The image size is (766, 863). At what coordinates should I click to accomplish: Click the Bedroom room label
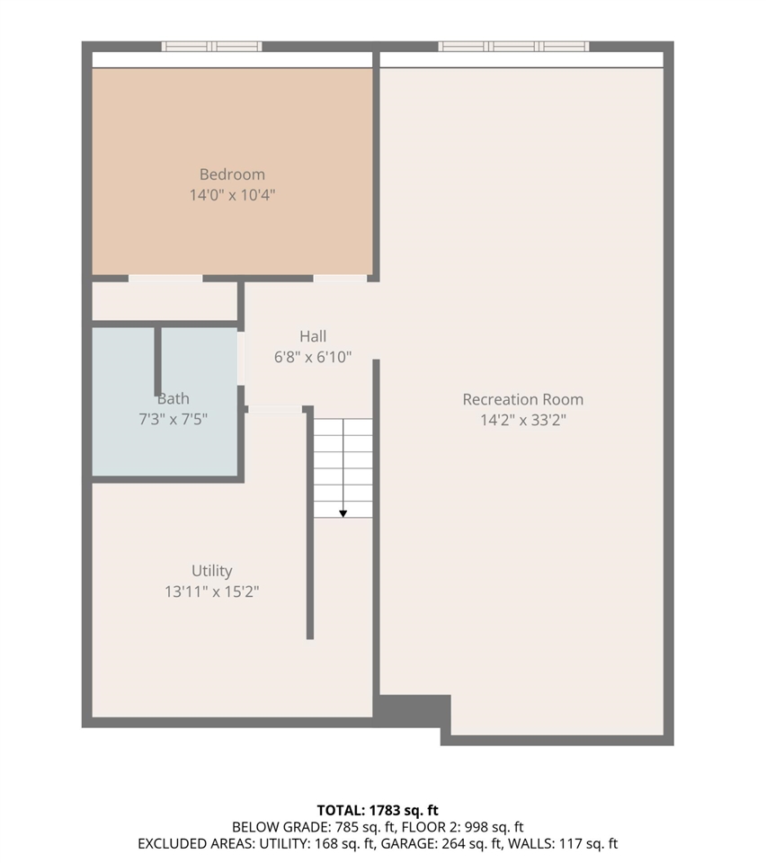click(232, 174)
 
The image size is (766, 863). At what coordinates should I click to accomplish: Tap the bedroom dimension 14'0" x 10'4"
click(232, 194)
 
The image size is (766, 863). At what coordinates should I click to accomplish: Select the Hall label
click(313, 336)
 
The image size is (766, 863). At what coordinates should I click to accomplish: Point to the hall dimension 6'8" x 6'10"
click(313, 357)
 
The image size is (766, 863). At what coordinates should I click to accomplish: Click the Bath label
click(174, 398)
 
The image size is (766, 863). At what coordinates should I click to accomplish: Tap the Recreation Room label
click(522, 399)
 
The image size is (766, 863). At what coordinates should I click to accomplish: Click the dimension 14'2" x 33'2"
click(522, 419)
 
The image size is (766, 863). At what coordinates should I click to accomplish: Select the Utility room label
click(212, 571)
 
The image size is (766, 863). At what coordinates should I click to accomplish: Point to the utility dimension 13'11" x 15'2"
click(212, 592)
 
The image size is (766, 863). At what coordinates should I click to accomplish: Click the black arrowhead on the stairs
click(343, 513)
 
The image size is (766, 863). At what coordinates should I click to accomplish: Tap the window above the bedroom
click(212, 47)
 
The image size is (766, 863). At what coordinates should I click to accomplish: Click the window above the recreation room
click(513, 47)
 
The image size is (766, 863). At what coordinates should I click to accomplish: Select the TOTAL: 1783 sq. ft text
click(378, 810)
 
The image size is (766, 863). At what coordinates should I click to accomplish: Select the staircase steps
click(343, 467)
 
